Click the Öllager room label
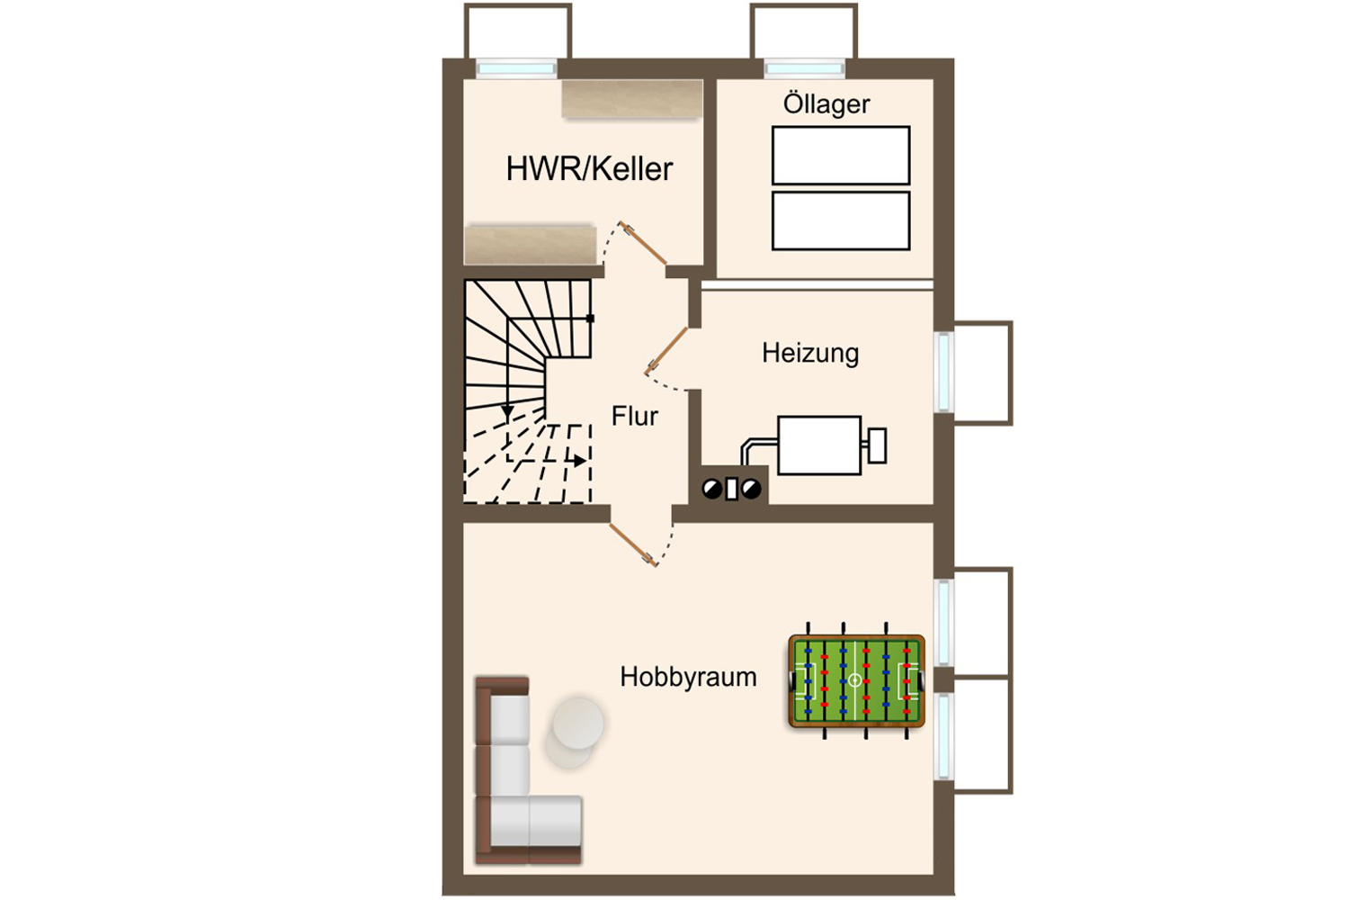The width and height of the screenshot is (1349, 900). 826,104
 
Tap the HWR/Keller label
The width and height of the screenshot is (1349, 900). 589,169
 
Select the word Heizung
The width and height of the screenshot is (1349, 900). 810,353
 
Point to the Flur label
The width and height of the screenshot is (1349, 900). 635,416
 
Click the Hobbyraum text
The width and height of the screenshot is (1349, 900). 688,677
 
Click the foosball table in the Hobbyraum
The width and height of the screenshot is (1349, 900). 856,681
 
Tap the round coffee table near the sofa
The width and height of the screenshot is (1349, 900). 578,724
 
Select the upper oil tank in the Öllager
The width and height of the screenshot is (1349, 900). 841,156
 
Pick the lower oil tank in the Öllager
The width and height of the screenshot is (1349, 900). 841,220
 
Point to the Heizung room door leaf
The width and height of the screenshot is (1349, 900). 667,350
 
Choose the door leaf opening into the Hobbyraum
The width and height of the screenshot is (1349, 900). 632,544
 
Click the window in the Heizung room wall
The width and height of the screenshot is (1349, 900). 943,372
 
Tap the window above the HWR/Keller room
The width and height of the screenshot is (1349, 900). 516,68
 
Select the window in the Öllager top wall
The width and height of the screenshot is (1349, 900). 805,68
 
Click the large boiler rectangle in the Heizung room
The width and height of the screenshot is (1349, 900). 819,445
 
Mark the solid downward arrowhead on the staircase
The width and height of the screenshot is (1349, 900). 508,411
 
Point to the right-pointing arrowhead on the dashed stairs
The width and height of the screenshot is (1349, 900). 579,461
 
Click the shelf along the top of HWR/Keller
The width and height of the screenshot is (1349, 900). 632,98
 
